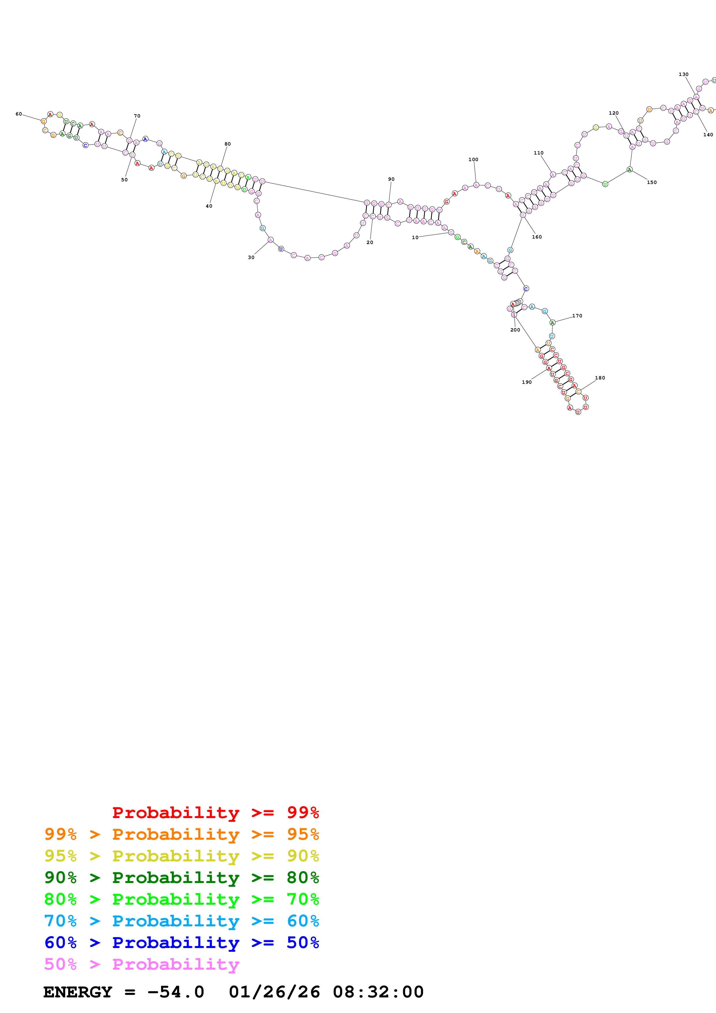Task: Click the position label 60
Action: pos(18,114)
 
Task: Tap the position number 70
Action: pos(137,116)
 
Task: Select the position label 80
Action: pos(228,144)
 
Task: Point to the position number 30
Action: pos(251,258)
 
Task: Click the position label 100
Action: pos(473,160)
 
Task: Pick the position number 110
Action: pos(539,153)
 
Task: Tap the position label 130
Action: pos(683,75)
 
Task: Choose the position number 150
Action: pos(652,182)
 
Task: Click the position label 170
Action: pos(577,316)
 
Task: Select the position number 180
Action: pos(600,378)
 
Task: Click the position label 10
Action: pos(415,237)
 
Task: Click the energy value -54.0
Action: pos(176,992)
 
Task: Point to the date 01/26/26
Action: pos(274,992)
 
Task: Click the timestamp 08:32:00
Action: pos(378,992)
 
